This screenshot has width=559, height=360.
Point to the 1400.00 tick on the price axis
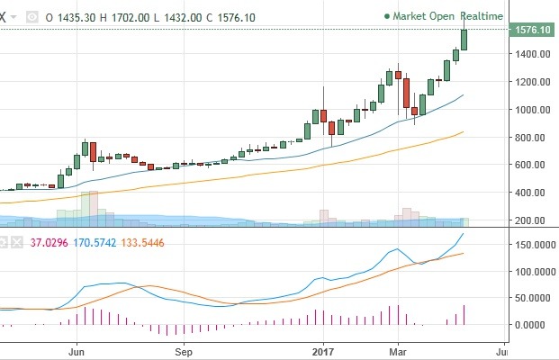(x=528, y=54)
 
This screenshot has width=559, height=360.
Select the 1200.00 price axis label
(x=528, y=82)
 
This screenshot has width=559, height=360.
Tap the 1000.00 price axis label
(x=528, y=110)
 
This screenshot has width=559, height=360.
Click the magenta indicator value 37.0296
(x=49, y=242)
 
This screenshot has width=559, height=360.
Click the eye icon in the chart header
(x=32, y=16)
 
